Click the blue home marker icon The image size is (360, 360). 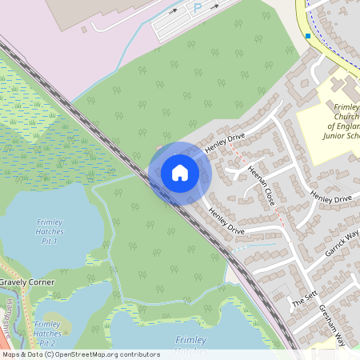click(180, 173)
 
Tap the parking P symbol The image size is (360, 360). click(198, 8)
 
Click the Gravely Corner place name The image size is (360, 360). click(27, 283)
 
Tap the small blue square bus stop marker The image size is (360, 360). click(308, 35)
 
